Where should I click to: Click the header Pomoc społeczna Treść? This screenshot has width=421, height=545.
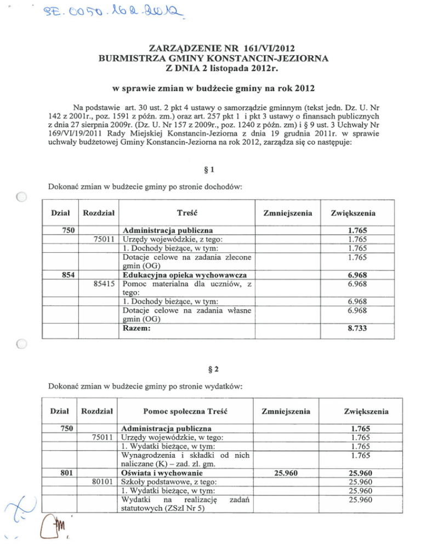185,410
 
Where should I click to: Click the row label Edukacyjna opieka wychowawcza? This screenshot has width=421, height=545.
185,274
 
